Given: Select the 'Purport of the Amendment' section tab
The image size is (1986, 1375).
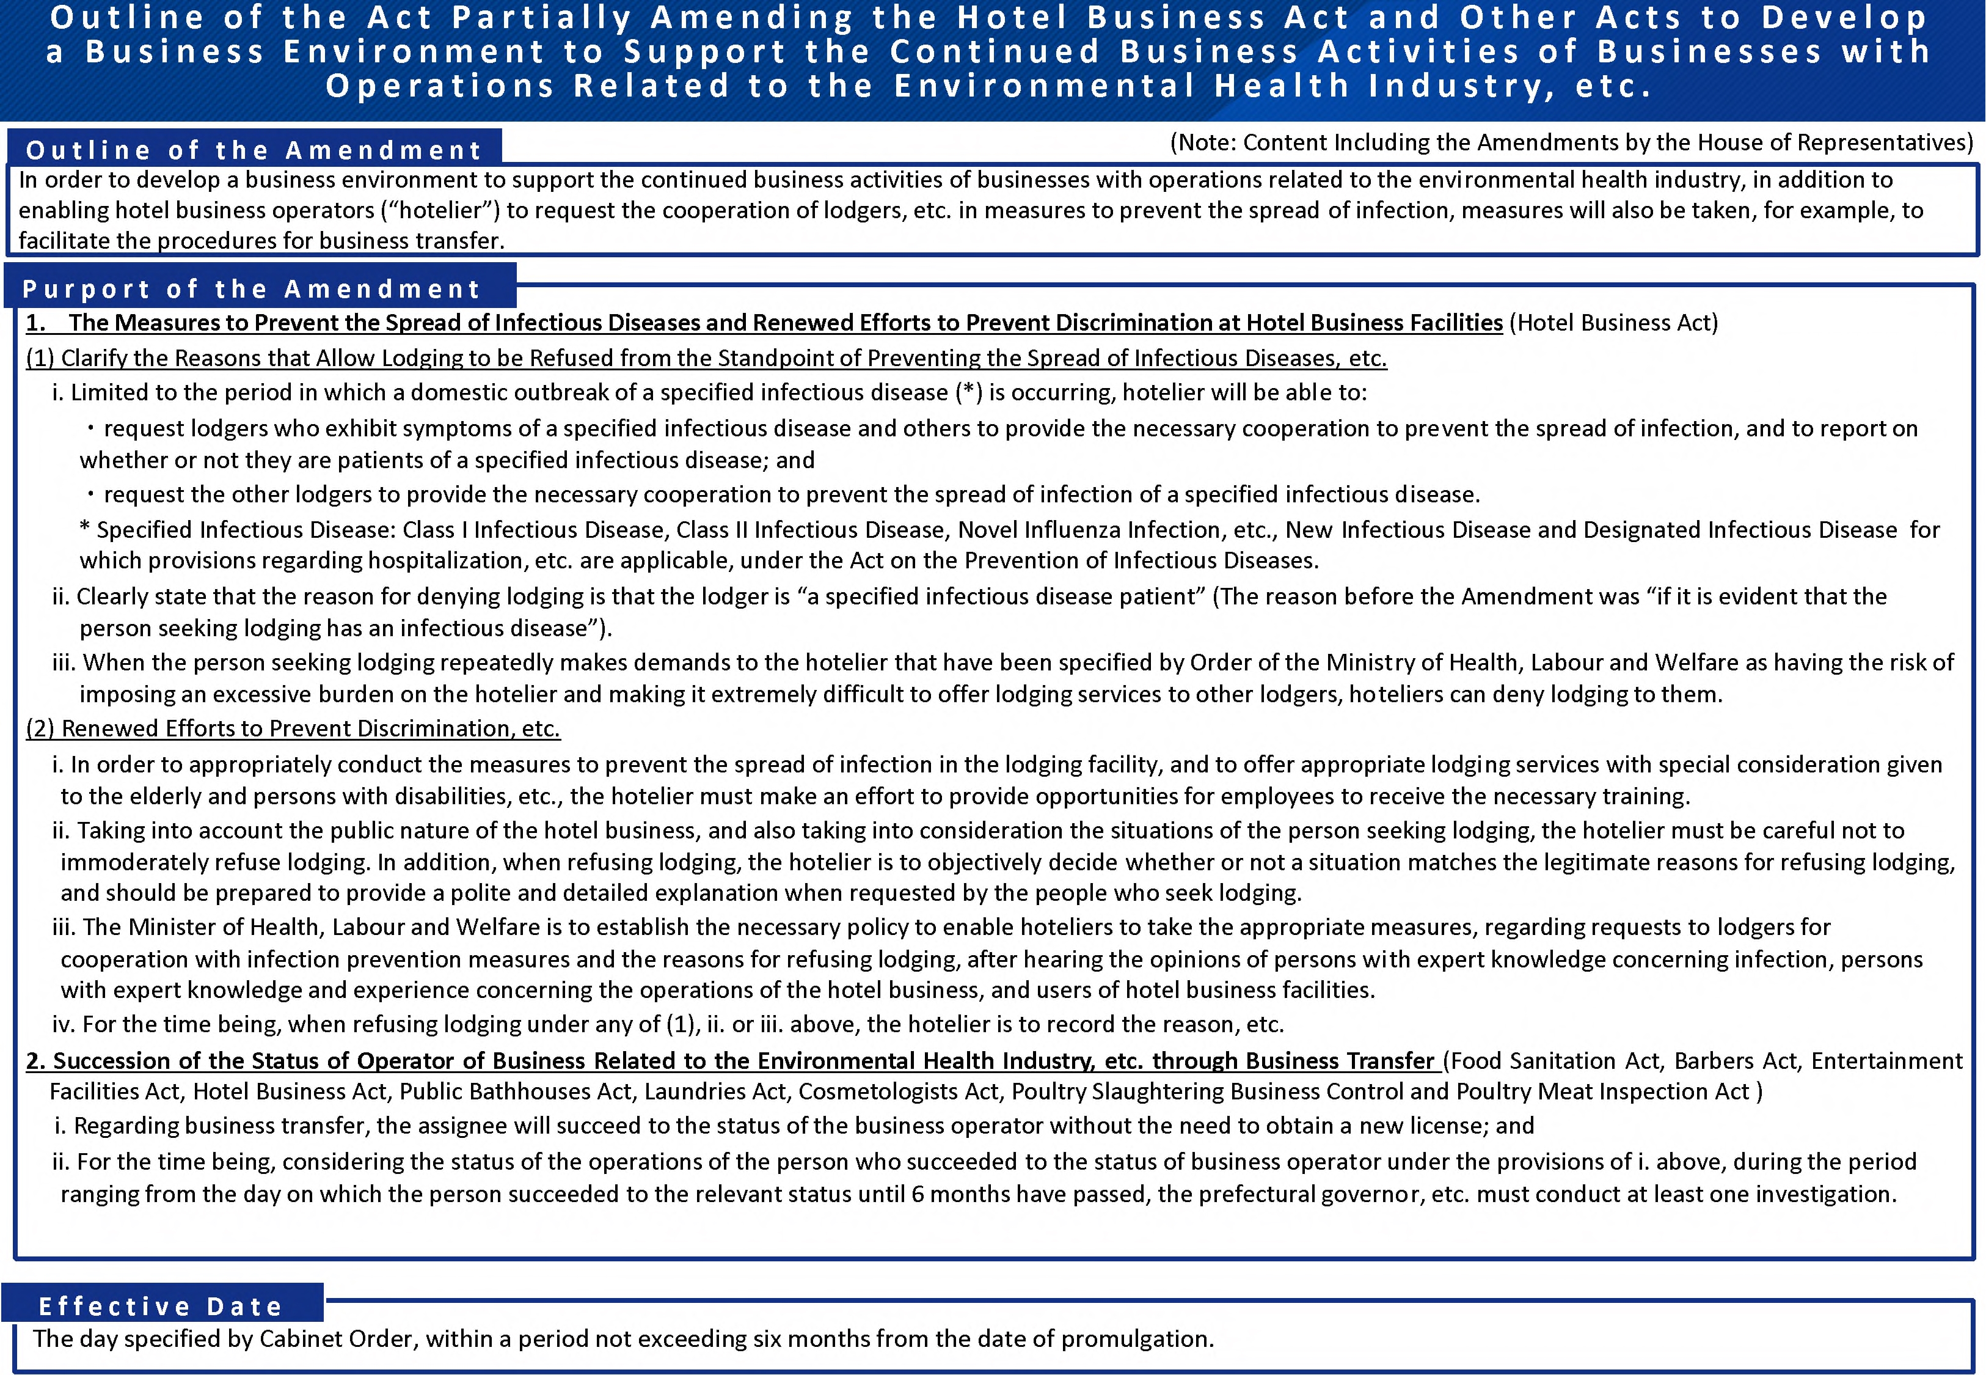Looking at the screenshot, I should click(x=252, y=288).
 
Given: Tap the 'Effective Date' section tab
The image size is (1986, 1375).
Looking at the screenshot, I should click(x=161, y=1306).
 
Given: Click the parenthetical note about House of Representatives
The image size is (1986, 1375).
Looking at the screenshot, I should click(x=1571, y=142).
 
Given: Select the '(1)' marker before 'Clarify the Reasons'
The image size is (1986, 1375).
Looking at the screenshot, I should click(x=40, y=358).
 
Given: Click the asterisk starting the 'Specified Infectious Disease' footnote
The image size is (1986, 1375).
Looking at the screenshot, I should click(x=84, y=529).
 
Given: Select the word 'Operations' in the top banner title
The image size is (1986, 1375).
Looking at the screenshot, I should click(x=439, y=86).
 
